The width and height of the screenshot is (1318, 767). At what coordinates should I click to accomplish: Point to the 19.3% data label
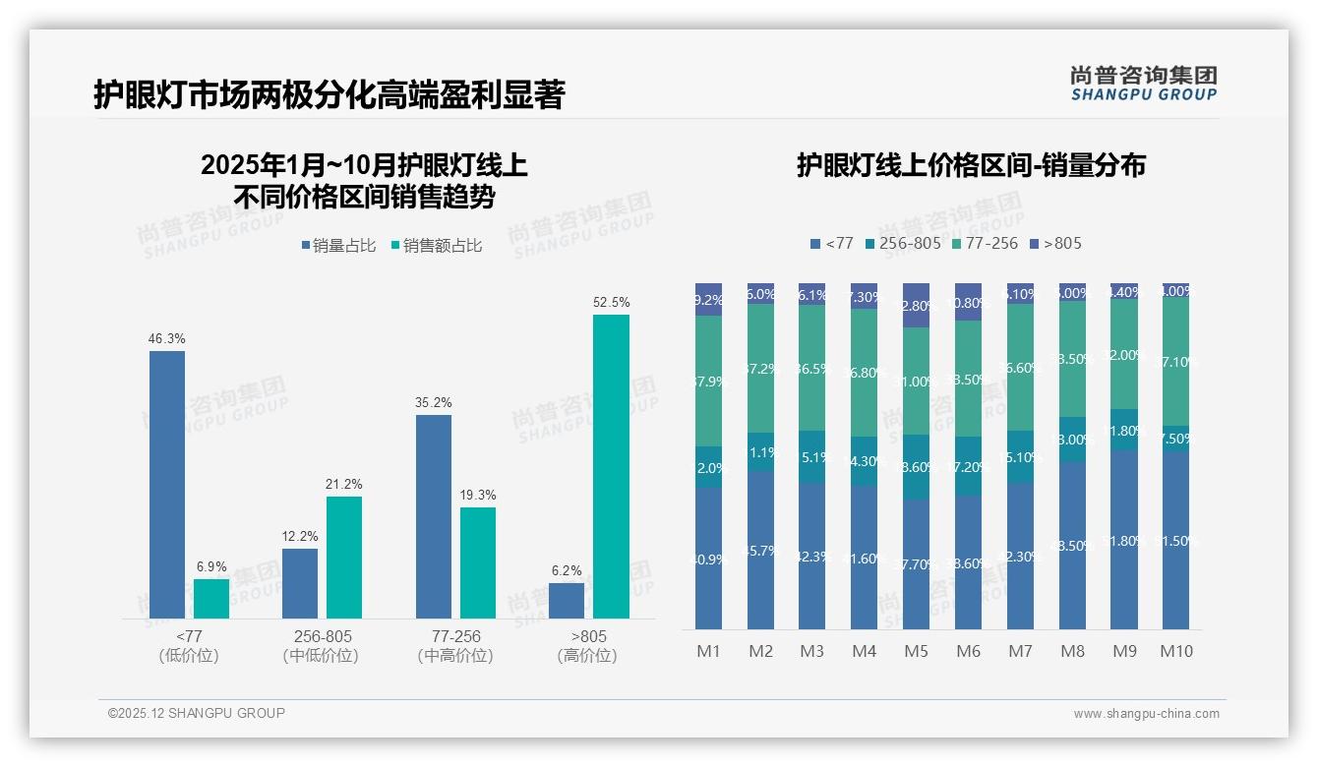(x=478, y=495)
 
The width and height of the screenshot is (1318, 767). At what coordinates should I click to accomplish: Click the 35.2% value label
(x=434, y=402)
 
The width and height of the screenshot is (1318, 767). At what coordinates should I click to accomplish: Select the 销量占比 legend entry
(x=338, y=246)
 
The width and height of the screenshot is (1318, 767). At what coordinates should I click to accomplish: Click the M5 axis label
(x=916, y=651)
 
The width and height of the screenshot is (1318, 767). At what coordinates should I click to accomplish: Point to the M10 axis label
(x=1175, y=651)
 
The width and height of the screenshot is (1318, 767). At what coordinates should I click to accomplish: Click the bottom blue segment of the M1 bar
(x=709, y=558)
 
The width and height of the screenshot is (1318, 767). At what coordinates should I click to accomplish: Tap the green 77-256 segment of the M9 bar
(x=1123, y=354)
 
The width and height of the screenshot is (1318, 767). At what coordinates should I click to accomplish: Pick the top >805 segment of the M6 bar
(x=968, y=302)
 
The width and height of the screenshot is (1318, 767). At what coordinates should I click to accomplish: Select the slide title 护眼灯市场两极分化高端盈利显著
(x=329, y=94)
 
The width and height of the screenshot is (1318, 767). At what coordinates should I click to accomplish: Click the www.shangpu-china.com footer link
(x=1146, y=714)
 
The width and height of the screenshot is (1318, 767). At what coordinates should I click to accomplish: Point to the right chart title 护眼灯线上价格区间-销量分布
(x=970, y=165)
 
